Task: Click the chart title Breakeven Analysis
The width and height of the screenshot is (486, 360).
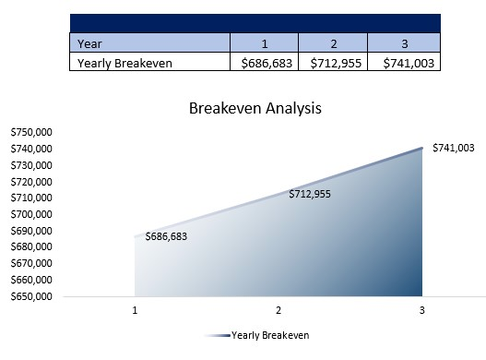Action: click(x=255, y=108)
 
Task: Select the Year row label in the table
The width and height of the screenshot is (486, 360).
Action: click(x=89, y=42)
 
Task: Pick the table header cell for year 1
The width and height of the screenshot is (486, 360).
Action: click(x=264, y=42)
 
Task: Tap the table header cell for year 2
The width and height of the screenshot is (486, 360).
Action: click(x=332, y=42)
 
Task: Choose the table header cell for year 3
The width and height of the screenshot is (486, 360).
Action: click(x=403, y=42)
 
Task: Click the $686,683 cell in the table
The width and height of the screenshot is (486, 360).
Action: click(x=264, y=63)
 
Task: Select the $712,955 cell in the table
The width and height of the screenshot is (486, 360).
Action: click(x=332, y=63)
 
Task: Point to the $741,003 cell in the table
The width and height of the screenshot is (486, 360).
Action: click(x=403, y=63)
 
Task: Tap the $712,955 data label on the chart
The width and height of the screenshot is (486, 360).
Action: click(x=309, y=194)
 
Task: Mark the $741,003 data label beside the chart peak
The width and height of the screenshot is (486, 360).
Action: click(x=453, y=148)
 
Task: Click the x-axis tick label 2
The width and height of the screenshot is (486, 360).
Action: click(x=279, y=311)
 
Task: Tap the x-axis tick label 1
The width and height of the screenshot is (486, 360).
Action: click(x=136, y=311)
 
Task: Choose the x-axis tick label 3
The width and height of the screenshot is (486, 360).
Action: click(x=421, y=311)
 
